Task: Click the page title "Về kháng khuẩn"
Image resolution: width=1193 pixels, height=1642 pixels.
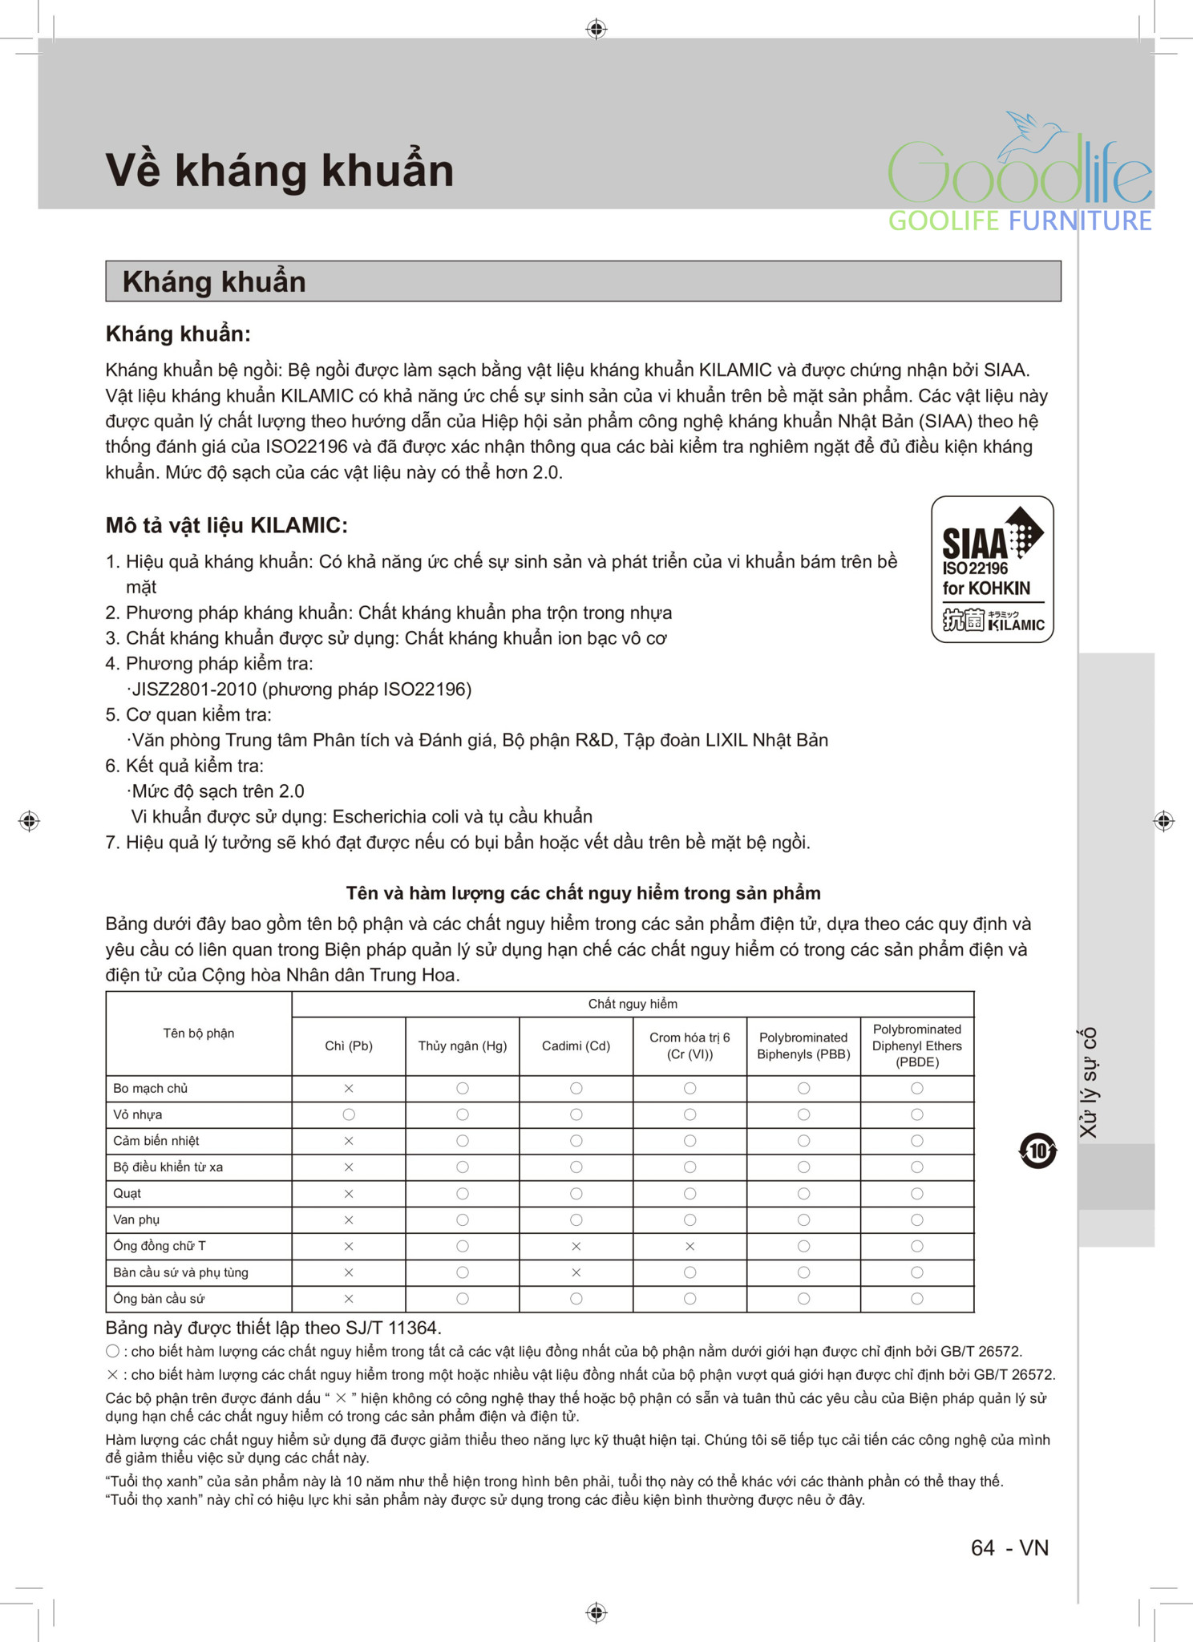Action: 279,170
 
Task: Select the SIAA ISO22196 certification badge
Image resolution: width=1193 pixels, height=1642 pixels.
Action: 992,569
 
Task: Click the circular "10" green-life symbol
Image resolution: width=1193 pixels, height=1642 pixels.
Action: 1037,1151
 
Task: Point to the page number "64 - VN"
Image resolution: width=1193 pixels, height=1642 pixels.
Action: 1009,1547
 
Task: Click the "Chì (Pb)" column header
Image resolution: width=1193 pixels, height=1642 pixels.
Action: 349,1045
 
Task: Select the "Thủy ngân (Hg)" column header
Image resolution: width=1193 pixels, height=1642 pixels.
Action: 463,1045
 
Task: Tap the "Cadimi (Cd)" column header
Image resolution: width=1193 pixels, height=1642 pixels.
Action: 576,1045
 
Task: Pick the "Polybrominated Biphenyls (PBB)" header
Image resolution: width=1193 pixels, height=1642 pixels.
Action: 803,1045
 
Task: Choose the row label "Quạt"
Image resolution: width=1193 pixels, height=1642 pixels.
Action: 127,1193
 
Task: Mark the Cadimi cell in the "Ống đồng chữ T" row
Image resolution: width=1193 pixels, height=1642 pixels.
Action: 576,1246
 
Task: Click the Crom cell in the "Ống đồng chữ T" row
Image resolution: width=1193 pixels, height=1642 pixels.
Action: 690,1246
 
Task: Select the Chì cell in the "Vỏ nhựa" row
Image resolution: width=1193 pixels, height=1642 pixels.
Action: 349,1114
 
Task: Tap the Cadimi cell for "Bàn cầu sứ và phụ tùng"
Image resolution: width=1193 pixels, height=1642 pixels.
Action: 576,1272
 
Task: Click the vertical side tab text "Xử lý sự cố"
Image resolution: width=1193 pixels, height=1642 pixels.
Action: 1088,1082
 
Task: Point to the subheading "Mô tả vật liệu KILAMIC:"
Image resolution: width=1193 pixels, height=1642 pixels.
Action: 227,525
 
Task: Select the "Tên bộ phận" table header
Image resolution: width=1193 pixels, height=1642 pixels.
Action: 199,1033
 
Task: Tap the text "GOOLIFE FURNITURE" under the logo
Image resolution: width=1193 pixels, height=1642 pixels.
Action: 1020,220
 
